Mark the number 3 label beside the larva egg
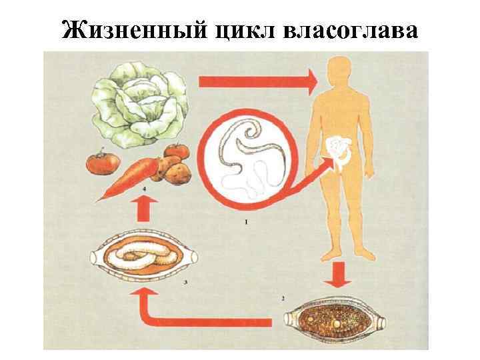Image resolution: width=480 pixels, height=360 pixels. [184, 283]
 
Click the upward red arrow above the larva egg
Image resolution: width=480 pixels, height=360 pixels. [149, 211]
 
